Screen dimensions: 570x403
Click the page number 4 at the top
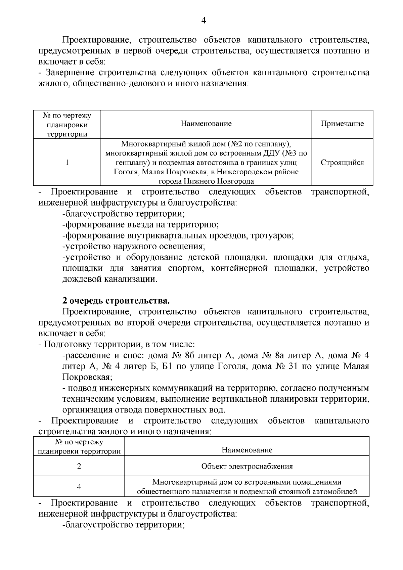click(x=203, y=21)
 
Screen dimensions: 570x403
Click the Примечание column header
click(x=342, y=124)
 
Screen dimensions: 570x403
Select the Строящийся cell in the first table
click(x=342, y=163)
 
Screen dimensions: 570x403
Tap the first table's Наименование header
click(x=206, y=124)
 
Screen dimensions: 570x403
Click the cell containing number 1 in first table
click(x=67, y=163)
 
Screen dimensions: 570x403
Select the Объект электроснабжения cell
click(x=247, y=466)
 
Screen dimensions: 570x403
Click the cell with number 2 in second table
click(x=79, y=466)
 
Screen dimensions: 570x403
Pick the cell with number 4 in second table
click(x=79, y=486)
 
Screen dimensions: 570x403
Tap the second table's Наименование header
click(x=247, y=450)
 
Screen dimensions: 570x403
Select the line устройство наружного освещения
click(x=134, y=246)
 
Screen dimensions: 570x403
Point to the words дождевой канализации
click(x=110, y=279)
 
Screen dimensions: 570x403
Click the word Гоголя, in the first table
click(x=127, y=172)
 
